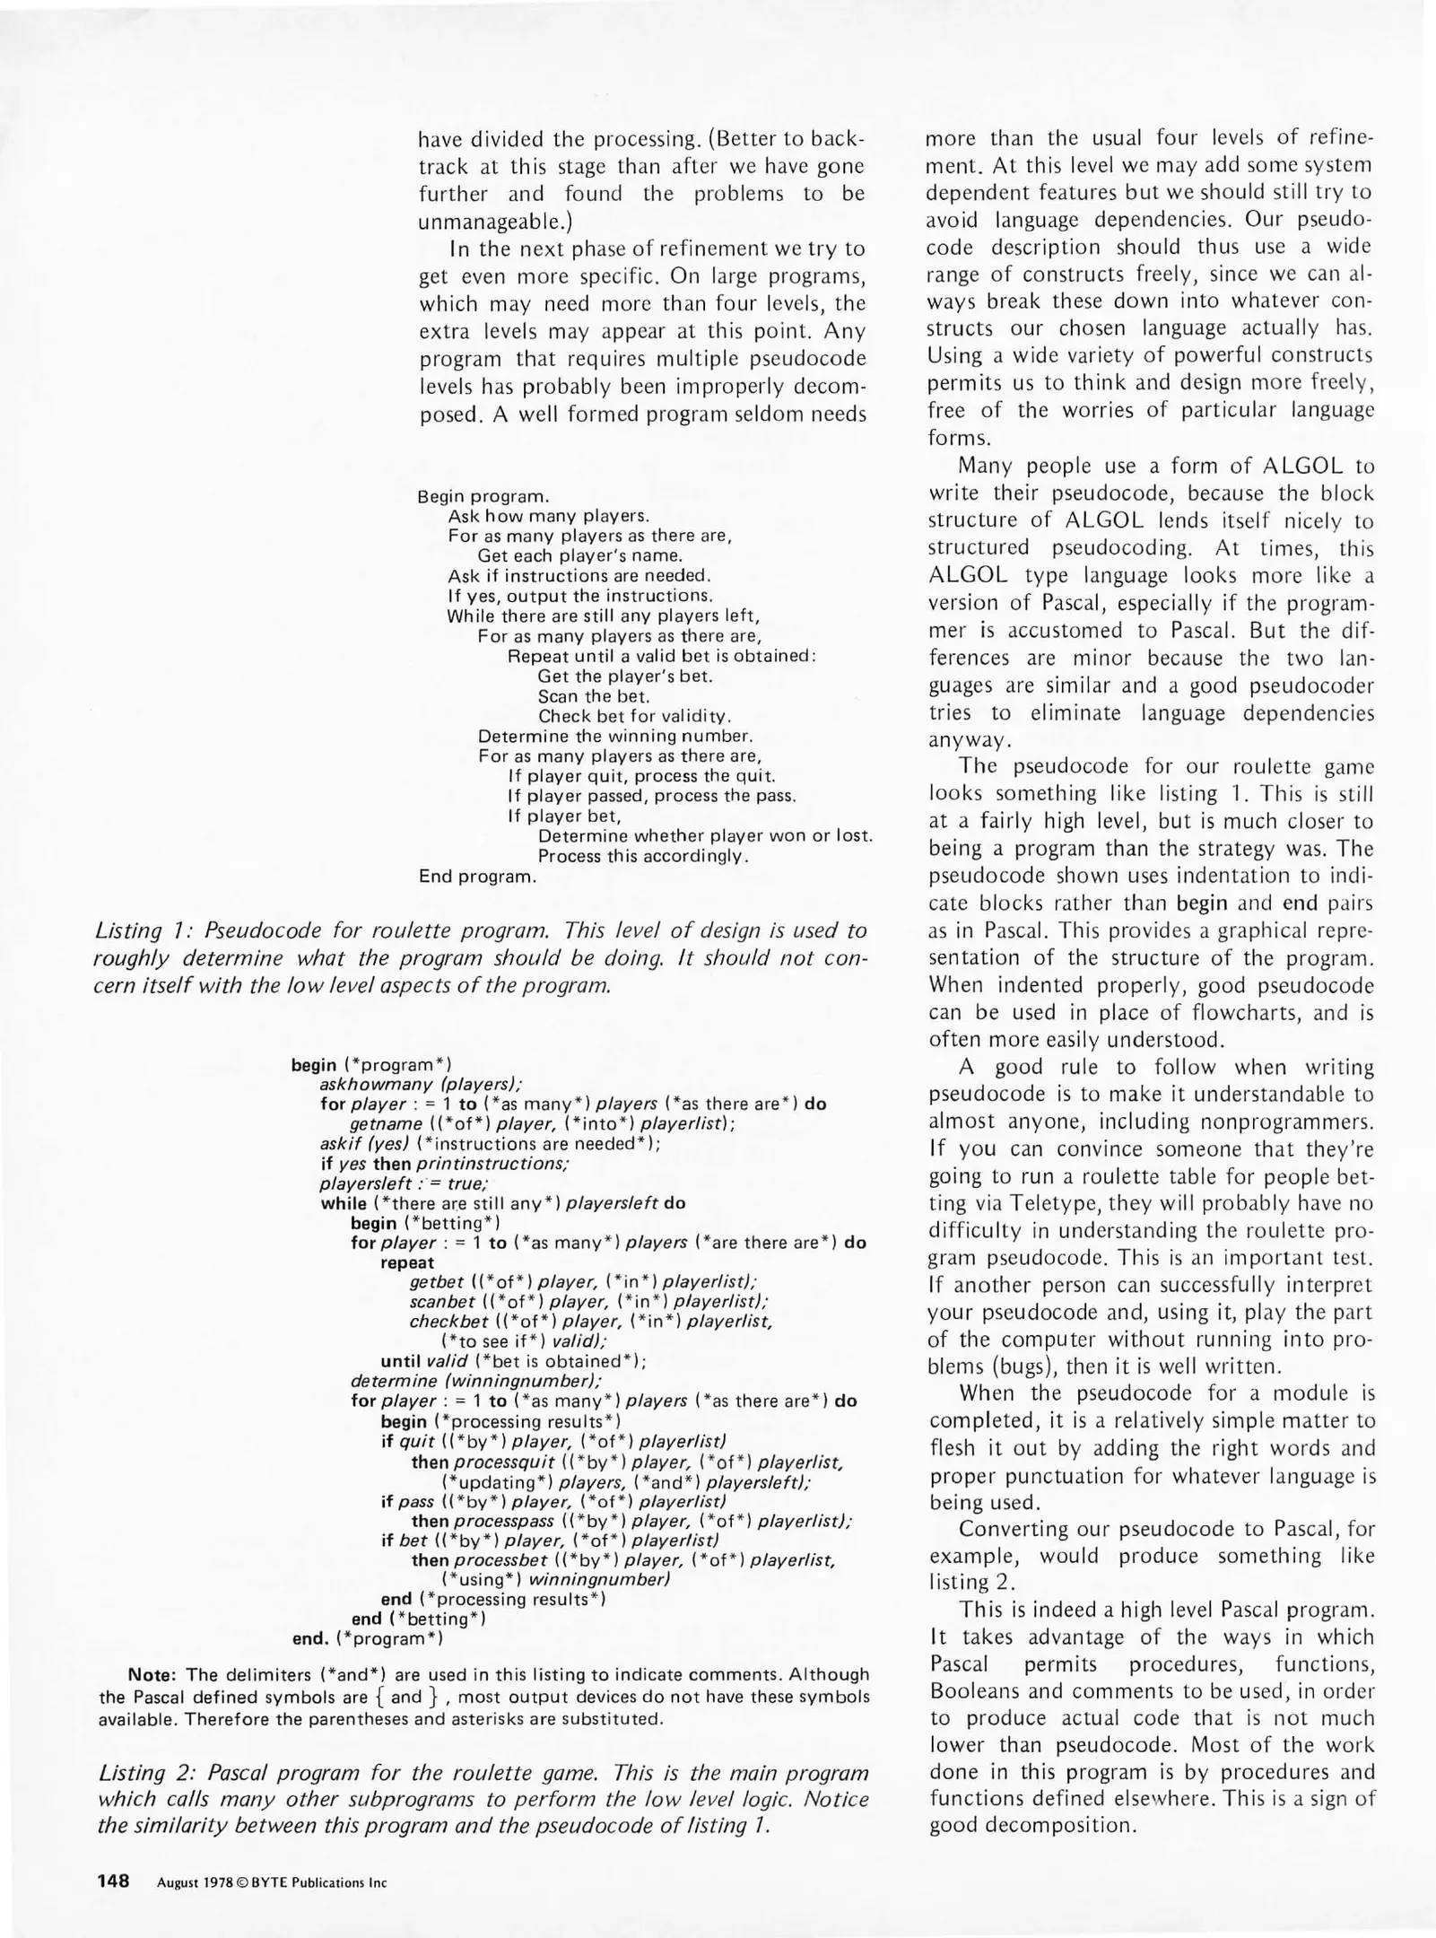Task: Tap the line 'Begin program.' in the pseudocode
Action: coord(483,496)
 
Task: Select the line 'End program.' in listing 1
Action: coord(477,877)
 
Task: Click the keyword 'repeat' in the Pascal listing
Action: coord(407,1262)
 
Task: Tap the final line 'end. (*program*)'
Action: coord(368,1639)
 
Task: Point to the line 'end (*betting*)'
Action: coord(419,1619)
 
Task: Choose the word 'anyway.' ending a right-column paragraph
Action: coord(969,740)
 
